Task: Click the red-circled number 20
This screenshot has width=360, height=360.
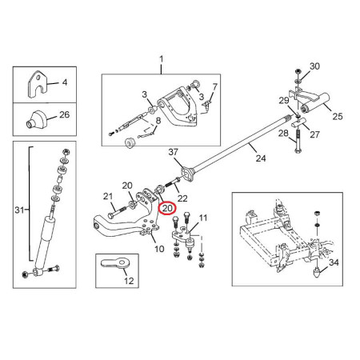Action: (x=167, y=208)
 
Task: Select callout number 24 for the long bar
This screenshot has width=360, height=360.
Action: (x=261, y=158)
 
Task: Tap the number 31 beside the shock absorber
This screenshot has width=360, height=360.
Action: (x=19, y=210)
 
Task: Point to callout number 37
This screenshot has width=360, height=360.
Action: (x=173, y=152)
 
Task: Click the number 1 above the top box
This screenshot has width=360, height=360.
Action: (x=161, y=59)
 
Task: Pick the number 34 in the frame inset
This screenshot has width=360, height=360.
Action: (x=334, y=262)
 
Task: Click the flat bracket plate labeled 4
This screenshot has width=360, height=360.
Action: (x=38, y=84)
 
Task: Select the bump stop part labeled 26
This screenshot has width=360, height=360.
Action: (x=36, y=120)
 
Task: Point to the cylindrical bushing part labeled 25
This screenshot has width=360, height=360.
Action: (x=314, y=103)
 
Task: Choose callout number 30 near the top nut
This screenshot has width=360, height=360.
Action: (x=314, y=66)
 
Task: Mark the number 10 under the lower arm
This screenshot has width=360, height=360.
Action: (x=159, y=249)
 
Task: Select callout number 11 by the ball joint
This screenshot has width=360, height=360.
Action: (x=203, y=218)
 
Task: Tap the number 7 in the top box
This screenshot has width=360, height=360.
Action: (x=215, y=87)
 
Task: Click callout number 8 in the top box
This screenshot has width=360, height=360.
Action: (x=158, y=121)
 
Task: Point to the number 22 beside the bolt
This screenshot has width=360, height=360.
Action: (x=182, y=198)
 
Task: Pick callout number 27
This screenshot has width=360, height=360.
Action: (x=314, y=134)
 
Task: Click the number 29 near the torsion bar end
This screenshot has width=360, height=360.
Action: (x=284, y=101)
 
